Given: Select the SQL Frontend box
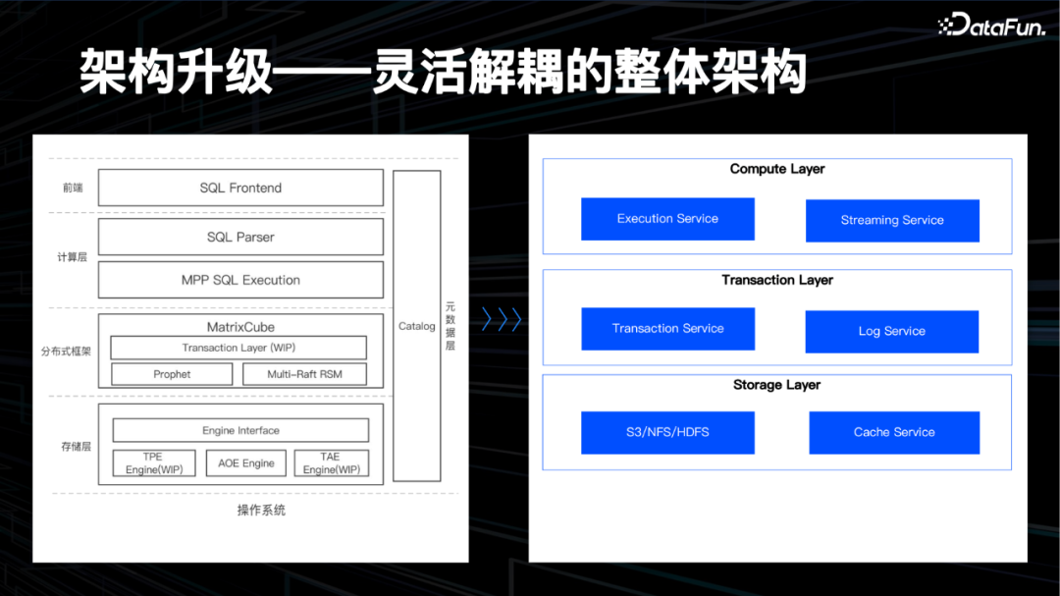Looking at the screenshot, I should [x=240, y=188].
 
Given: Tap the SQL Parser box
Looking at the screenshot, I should [x=240, y=237].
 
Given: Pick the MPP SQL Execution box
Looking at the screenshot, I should [x=240, y=280].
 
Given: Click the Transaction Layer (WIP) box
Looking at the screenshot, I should [x=238, y=348].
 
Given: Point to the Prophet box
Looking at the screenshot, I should [x=172, y=374].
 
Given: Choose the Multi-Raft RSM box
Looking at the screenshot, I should [x=304, y=374].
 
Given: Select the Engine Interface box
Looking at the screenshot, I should [x=240, y=430].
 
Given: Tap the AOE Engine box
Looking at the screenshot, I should [x=246, y=462].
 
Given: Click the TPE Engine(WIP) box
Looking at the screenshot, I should [x=154, y=462].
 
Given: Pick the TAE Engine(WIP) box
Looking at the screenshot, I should [x=331, y=462].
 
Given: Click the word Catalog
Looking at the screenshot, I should [x=416, y=326].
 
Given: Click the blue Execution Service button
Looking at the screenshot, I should [x=667, y=219].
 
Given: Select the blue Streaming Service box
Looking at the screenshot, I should [x=892, y=221].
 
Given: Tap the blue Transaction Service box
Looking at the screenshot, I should [x=667, y=329].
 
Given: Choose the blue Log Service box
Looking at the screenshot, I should [x=891, y=332].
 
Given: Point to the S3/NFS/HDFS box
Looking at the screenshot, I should [x=667, y=432].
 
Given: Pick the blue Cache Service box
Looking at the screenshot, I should [x=894, y=432].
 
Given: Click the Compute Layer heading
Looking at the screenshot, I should [x=777, y=169].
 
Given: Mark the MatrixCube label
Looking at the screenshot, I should [x=240, y=327].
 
